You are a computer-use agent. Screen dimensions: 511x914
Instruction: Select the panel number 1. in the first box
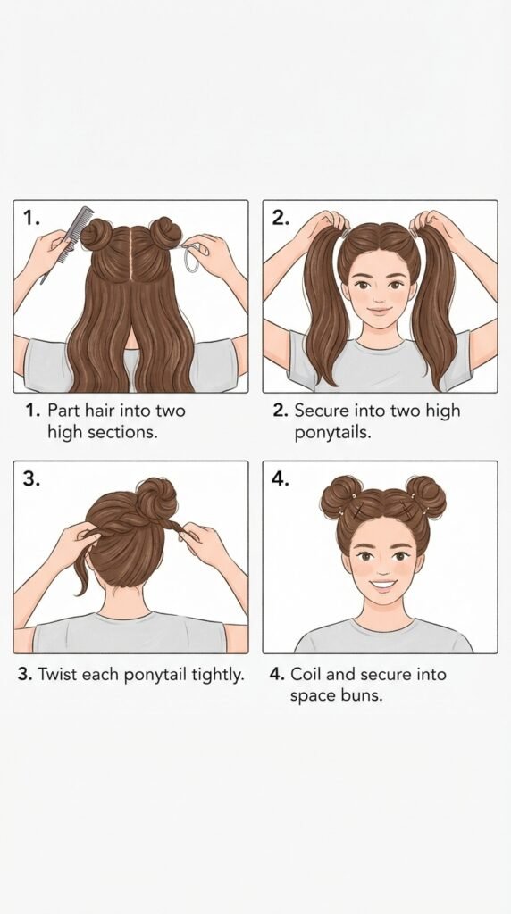click(31, 218)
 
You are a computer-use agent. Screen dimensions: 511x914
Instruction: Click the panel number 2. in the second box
click(281, 218)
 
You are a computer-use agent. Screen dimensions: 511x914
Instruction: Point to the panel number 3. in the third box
click(31, 478)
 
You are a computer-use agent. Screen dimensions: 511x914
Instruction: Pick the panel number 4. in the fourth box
click(281, 478)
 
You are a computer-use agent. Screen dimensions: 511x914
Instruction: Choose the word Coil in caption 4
click(306, 675)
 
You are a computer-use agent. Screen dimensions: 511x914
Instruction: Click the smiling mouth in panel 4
click(382, 584)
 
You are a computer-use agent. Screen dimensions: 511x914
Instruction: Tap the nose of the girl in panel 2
click(380, 295)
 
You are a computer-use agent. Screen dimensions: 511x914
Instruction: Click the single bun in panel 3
click(155, 497)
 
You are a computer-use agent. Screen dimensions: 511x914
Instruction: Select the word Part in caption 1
click(63, 410)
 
